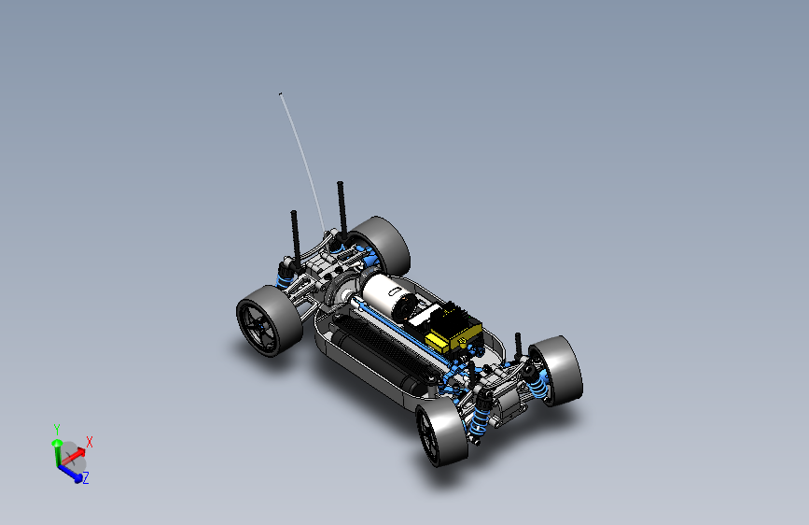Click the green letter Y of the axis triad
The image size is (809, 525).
(x=57, y=430)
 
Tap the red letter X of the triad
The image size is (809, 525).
(x=90, y=442)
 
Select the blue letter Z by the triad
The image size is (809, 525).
(x=86, y=478)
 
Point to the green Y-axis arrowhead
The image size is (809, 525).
(x=57, y=444)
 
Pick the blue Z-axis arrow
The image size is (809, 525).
(x=69, y=473)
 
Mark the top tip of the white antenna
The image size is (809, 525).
(x=280, y=93)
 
